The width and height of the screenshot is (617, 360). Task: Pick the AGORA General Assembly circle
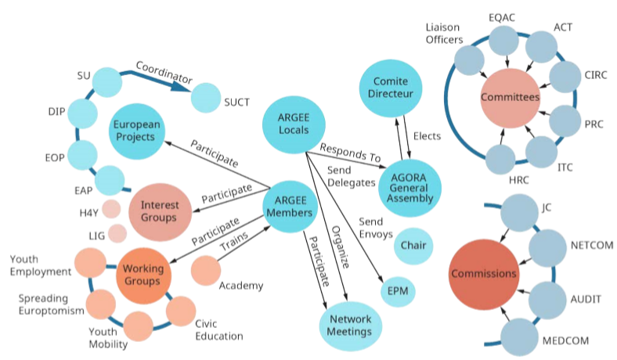click(410, 186)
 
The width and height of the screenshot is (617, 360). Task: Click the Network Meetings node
click(350, 325)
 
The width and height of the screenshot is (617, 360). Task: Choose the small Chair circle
click(413, 245)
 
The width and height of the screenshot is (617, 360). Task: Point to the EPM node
click(399, 291)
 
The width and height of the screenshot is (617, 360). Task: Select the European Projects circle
click(136, 131)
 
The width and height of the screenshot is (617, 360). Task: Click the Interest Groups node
click(159, 211)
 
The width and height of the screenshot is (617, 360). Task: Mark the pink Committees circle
click(510, 98)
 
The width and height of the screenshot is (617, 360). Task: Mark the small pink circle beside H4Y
click(111, 209)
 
